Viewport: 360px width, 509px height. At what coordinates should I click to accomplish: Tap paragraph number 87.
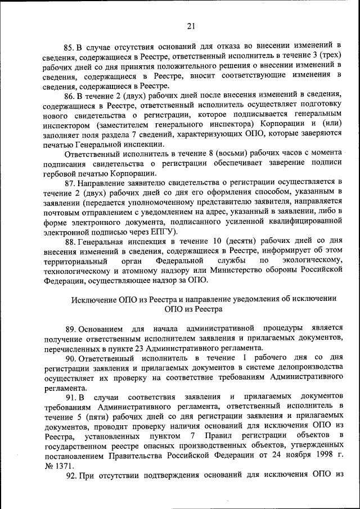pyautogui.click(x=70, y=181)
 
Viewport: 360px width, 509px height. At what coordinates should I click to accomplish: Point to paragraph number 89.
pyautogui.click(x=70, y=327)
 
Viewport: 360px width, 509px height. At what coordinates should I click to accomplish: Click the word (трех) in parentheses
pyautogui.click(x=327, y=55)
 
